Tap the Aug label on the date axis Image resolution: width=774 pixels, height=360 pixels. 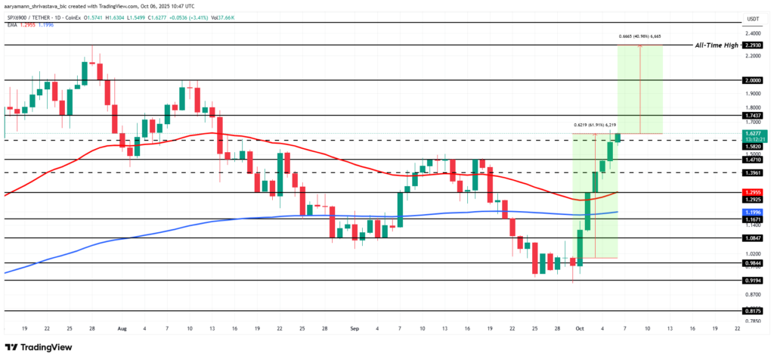123,330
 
